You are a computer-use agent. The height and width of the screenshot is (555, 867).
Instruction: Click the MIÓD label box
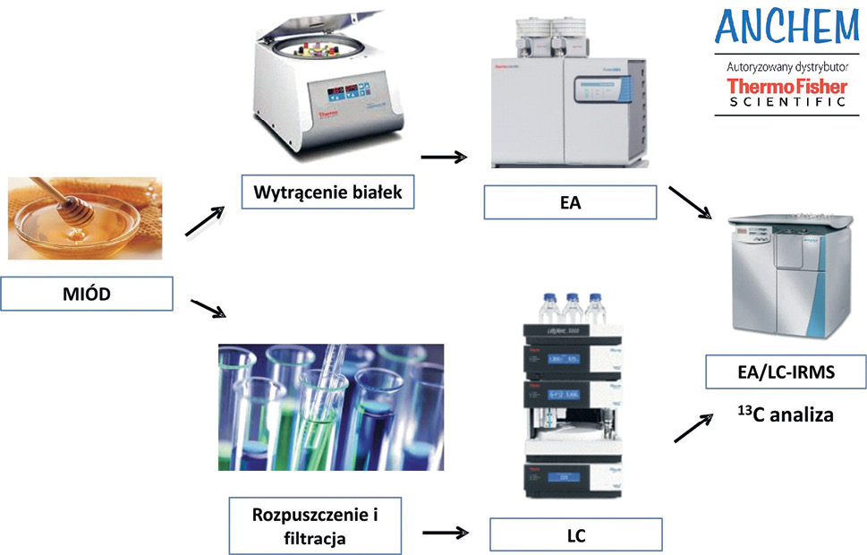tap(87, 295)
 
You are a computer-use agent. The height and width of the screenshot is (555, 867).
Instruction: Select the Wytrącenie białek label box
tap(327, 192)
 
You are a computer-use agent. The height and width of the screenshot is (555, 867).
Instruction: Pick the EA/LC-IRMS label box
tap(783, 371)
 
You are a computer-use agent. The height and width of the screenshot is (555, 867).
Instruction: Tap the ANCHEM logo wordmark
tap(786, 30)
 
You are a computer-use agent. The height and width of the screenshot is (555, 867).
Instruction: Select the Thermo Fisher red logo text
tap(786, 87)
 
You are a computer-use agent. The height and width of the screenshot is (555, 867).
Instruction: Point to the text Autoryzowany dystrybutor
tap(786, 66)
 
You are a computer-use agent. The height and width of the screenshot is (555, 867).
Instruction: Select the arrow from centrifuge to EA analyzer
tap(444, 158)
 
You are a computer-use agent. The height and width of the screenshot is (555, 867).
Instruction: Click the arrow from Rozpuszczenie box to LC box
tap(445, 532)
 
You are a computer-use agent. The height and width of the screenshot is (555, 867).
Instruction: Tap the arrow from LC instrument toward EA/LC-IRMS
tap(693, 428)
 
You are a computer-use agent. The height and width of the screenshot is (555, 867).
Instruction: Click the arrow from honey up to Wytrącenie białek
tap(203, 221)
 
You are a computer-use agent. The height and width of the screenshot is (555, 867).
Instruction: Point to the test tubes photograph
tap(331, 407)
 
